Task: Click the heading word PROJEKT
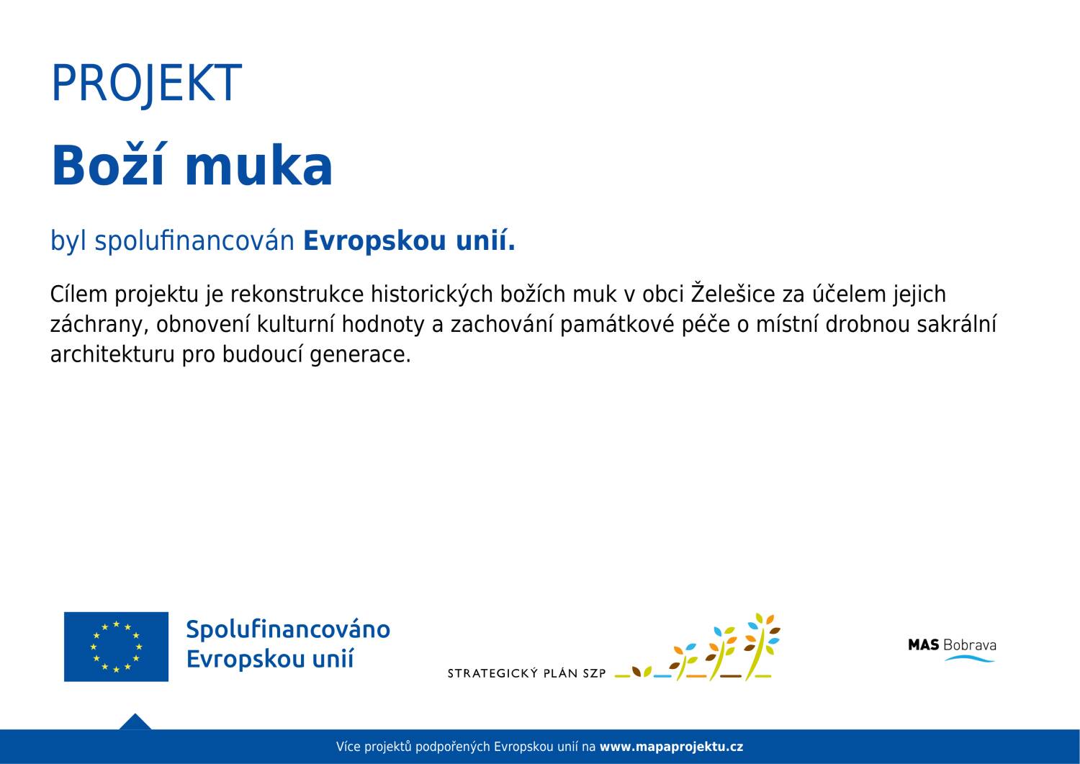click(x=146, y=84)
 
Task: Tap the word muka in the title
click(x=259, y=166)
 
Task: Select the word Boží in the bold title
click(x=108, y=164)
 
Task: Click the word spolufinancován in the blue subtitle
click(x=194, y=241)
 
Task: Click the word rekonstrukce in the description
click(x=297, y=295)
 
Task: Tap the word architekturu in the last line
click(x=112, y=354)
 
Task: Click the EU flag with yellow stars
click(x=116, y=647)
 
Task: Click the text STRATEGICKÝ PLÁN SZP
click(x=526, y=673)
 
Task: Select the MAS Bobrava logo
click(x=952, y=650)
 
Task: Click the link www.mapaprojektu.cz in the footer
click(x=671, y=747)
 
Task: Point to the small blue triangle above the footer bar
click(x=135, y=722)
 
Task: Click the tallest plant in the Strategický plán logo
click(x=762, y=647)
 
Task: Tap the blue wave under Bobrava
click(x=969, y=658)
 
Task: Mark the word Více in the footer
click(x=348, y=747)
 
